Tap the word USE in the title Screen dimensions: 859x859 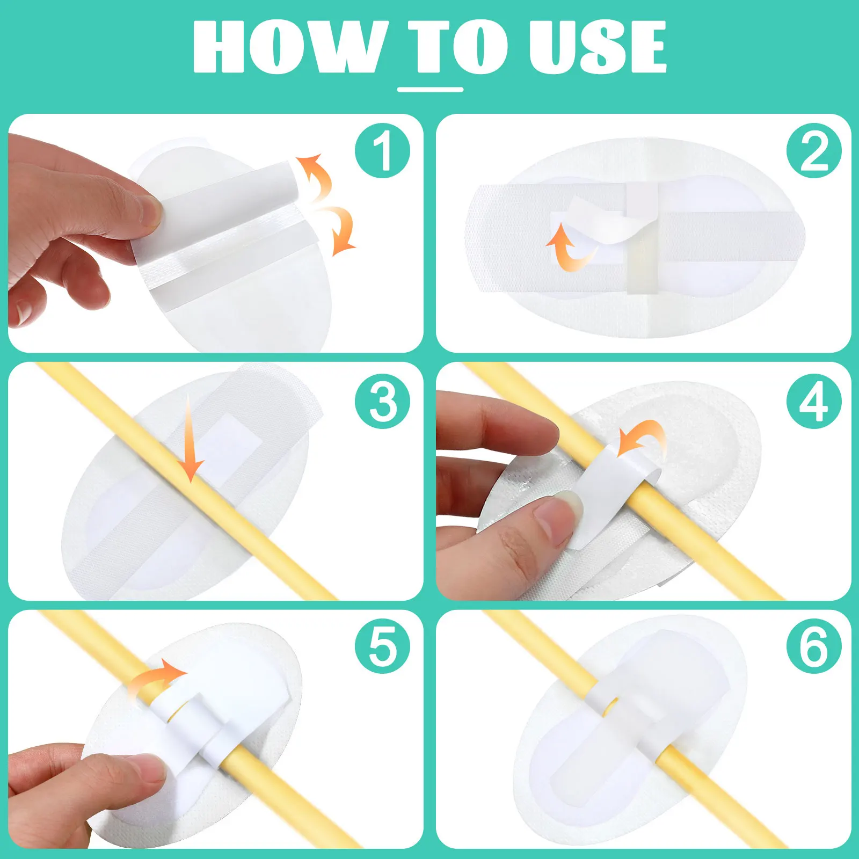[x=597, y=47]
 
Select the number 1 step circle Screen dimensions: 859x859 [x=382, y=151]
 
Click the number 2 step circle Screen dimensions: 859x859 [x=814, y=151]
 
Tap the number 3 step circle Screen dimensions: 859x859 [x=382, y=401]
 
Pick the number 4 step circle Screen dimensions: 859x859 [x=814, y=401]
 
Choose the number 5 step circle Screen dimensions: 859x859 [x=382, y=646]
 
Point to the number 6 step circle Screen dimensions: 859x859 [x=814, y=646]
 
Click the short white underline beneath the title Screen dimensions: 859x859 [x=430, y=90]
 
